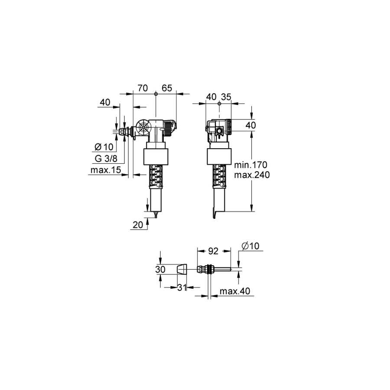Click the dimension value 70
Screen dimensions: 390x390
(143, 88)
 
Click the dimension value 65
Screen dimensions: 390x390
(167, 88)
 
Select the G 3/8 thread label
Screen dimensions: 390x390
(106, 159)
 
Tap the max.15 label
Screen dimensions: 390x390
(106, 170)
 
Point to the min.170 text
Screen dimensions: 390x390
(251, 165)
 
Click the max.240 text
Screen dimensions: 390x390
(252, 175)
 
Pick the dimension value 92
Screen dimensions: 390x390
(213, 251)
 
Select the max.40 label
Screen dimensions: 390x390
(235, 291)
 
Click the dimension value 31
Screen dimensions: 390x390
(182, 288)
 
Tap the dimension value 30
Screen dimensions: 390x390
(160, 270)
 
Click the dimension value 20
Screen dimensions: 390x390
(138, 225)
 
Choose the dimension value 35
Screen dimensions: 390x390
(226, 97)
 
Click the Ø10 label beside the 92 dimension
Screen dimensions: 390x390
(250, 246)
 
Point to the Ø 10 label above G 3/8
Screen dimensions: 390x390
(104, 147)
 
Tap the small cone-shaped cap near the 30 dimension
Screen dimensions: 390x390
(182, 270)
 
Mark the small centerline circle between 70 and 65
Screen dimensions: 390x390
(156, 94)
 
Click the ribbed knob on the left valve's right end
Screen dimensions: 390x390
(168, 128)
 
